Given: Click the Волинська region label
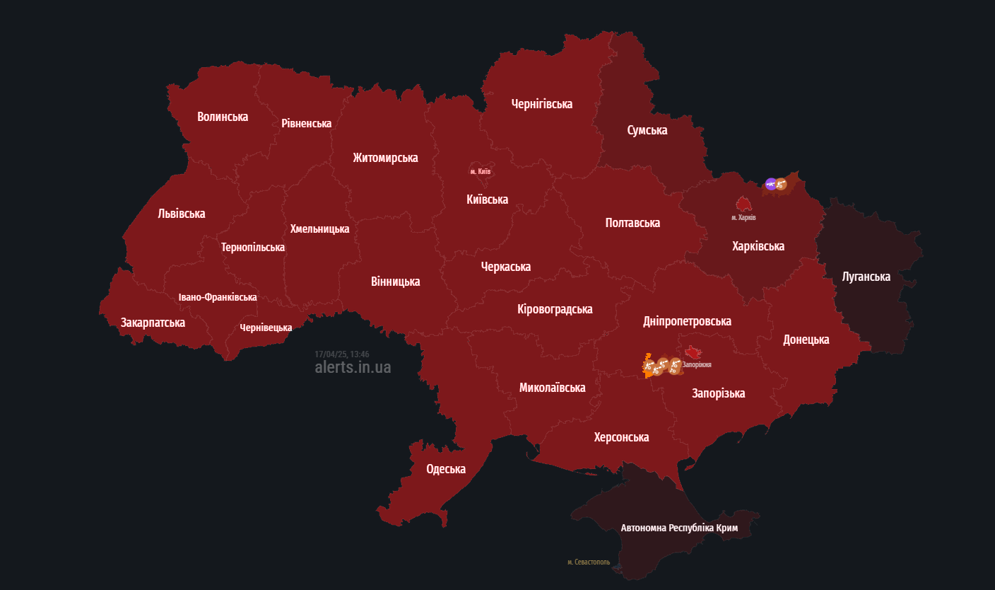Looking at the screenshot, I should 223,117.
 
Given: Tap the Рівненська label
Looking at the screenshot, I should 306,124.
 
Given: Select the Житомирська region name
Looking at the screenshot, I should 385,158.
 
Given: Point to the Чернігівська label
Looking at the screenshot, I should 541,104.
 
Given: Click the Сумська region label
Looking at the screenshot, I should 647,130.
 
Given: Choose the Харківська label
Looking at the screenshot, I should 758,246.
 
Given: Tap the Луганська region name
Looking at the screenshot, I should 866,277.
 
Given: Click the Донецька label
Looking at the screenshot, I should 806,340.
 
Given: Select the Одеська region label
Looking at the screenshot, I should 446,469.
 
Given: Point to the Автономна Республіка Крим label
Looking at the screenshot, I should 679,528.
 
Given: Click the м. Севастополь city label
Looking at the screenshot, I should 588,562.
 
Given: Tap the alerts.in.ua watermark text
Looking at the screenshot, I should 353,368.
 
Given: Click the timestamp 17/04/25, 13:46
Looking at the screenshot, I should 342,354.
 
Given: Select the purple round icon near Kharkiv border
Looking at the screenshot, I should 770,184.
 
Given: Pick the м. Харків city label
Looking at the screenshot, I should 743,217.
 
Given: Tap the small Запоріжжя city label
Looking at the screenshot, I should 696,365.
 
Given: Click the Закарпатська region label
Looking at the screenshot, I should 153,323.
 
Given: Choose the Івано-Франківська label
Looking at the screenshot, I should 217,297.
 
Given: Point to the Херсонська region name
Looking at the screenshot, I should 621,437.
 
